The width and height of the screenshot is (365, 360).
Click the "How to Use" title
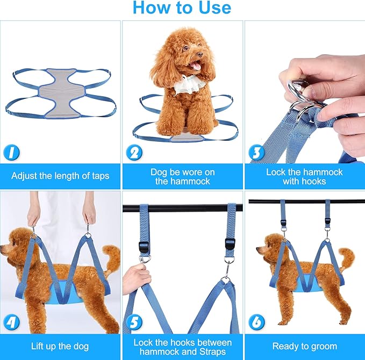[x=182, y=9]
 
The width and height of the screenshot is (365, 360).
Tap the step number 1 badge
[x=12, y=153]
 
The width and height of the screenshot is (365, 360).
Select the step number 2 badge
[x=134, y=153]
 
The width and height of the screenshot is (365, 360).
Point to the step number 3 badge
[x=257, y=153]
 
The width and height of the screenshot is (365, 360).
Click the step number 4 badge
[x=12, y=323]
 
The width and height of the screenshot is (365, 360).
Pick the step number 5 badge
[x=134, y=323]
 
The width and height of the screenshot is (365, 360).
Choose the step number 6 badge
[x=257, y=323]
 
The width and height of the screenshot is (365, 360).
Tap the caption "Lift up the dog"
[x=60, y=346]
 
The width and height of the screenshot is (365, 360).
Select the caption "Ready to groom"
[x=304, y=346]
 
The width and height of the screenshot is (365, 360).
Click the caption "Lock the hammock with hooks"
[x=304, y=177]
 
